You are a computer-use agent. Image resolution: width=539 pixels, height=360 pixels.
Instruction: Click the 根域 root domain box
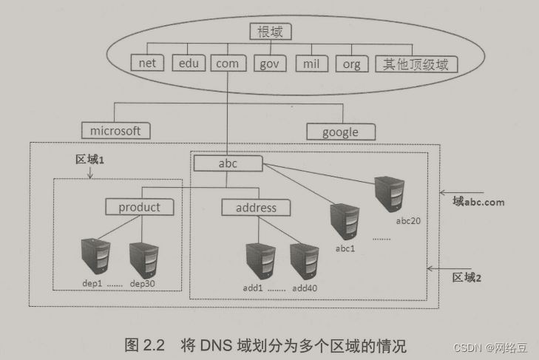pyautogui.click(x=271, y=32)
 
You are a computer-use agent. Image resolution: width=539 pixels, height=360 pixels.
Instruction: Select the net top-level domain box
pyautogui.click(x=148, y=64)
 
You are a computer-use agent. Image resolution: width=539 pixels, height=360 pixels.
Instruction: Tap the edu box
pyautogui.click(x=189, y=64)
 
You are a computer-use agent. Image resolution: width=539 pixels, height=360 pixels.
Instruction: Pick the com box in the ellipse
pyautogui.click(x=227, y=64)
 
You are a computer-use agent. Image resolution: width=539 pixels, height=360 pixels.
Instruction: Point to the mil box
pyautogui.click(x=311, y=64)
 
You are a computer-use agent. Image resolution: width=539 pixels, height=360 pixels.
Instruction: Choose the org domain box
pyautogui.click(x=352, y=64)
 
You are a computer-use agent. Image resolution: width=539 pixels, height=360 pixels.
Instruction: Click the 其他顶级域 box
pyautogui.click(x=416, y=64)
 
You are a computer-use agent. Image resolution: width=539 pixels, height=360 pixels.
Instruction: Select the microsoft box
pyautogui.click(x=115, y=131)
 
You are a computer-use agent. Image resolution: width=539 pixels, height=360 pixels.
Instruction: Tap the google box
pyautogui.click(x=340, y=132)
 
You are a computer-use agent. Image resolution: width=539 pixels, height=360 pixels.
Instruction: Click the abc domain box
pyautogui.click(x=228, y=163)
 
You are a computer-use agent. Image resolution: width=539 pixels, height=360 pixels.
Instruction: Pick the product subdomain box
pyautogui.click(x=139, y=207)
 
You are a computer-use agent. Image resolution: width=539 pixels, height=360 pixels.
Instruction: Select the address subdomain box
pyautogui.click(x=255, y=208)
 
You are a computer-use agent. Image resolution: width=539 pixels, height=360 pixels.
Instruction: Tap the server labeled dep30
pyautogui.click(x=143, y=257)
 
